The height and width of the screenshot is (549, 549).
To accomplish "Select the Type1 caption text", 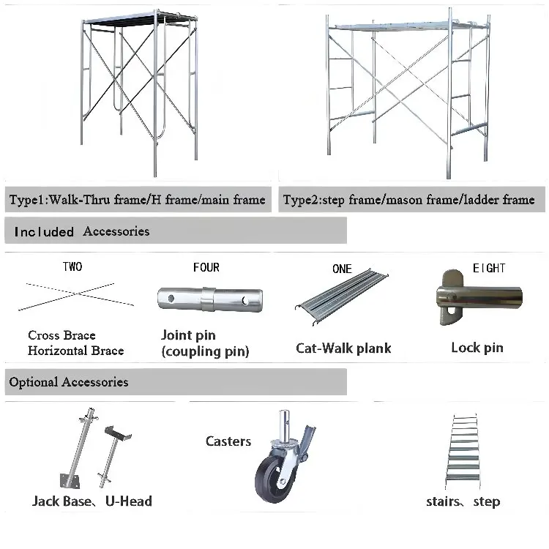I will point(137,199).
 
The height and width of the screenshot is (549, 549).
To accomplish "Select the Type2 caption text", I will point(408,199).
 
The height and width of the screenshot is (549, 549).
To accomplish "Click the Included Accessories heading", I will point(81,231).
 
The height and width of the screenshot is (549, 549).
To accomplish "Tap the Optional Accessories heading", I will point(69,382).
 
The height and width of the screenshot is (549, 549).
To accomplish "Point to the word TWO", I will point(72,267).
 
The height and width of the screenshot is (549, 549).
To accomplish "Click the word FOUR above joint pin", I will point(206,268).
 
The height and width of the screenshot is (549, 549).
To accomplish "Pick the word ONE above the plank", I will point(342,269).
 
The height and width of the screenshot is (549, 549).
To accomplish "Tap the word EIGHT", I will point(488,268).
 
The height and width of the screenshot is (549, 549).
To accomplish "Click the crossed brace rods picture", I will point(75,295).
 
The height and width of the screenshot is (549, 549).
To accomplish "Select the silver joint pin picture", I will point(209,298).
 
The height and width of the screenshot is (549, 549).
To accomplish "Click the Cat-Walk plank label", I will point(343,348).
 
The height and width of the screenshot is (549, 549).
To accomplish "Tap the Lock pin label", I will point(477,347).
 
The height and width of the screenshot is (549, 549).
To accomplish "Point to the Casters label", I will point(228,441).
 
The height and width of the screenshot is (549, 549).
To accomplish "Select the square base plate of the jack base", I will point(70,482).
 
